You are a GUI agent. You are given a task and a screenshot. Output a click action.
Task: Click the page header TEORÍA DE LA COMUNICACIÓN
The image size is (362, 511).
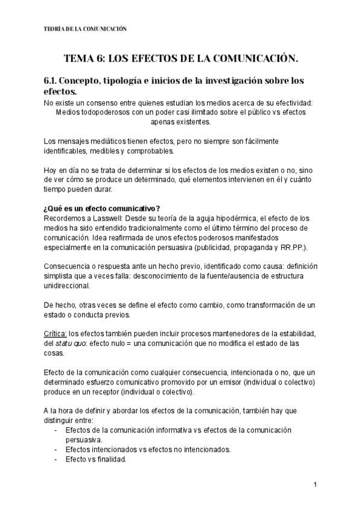click(86, 28)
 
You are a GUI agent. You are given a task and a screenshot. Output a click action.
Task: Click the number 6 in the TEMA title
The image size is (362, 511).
click(100, 58)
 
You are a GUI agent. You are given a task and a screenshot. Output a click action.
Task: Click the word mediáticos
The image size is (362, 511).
click(104, 141)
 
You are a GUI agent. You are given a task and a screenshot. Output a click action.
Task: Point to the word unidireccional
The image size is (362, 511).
click(67, 286)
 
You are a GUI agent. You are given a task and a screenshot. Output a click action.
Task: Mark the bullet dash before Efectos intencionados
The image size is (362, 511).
click(56, 450)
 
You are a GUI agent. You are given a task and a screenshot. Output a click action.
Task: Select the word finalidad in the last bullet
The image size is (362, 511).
click(109, 459)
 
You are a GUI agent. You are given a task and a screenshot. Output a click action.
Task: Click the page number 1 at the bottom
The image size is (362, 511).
click(316, 485)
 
